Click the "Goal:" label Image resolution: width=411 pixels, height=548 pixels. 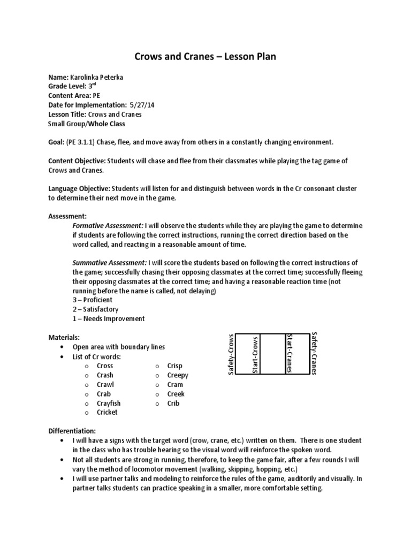tap(56, 142)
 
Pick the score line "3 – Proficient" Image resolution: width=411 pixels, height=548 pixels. tap(93, 300)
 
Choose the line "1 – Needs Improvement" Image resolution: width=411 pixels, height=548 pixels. tap(109, 318)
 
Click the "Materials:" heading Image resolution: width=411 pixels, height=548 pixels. tap(64, 337)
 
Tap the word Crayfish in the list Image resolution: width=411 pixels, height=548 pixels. tap(109, 403)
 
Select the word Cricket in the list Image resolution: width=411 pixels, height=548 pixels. tap(107, 412)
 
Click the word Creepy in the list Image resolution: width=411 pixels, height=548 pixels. tap(178, 375)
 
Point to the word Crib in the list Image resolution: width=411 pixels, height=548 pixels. tap(173, 403)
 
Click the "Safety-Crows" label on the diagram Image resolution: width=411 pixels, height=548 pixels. tap(231, 354)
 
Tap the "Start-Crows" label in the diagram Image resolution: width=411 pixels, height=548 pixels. tap(255, 355)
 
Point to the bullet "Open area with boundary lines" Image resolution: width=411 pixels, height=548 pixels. tap(122, 347)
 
